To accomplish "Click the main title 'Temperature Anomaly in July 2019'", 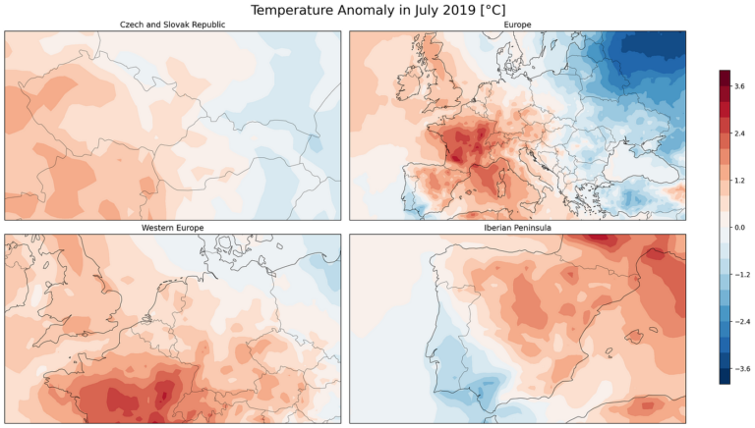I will [377, 10].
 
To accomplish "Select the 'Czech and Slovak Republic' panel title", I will [172, 25].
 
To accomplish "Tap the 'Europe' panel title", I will [518, 25].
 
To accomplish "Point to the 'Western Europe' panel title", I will [172, 228].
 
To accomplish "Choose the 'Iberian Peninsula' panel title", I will [518, 228].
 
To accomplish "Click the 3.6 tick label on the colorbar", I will [738, 86].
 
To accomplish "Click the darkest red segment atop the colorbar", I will [725, 76].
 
